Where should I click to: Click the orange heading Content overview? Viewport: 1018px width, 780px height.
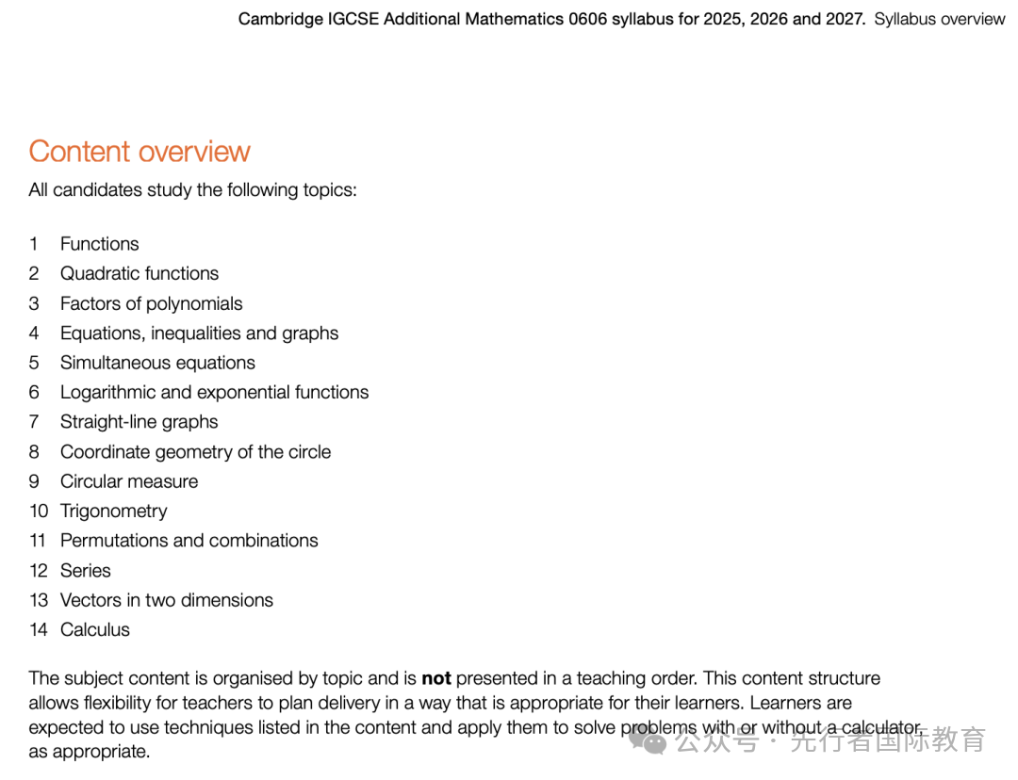coord(140,152)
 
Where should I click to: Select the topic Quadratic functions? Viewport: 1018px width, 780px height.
coord(140,273)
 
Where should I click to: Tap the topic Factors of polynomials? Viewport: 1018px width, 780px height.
coord(151,303)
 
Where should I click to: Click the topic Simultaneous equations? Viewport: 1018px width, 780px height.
coord(157,363)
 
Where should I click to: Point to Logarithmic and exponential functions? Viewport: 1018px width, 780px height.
coord(214,392)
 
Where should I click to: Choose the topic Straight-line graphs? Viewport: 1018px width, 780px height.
coord(139,422)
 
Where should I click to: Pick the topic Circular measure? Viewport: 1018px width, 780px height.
coord(129,481)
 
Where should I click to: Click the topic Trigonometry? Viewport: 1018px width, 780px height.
coord(113,511)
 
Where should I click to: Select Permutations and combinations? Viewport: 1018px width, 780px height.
coord(189,541)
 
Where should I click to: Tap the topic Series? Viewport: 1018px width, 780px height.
coord(85,571)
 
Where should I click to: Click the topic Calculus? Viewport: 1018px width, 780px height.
coord(95,630)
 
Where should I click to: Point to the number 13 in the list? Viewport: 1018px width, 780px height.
coord(38,600)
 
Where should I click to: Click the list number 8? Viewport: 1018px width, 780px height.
coord(34,452)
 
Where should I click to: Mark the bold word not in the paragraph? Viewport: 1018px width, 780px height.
coord(436,678)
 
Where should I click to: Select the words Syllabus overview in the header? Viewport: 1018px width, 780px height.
coord(939,19)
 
